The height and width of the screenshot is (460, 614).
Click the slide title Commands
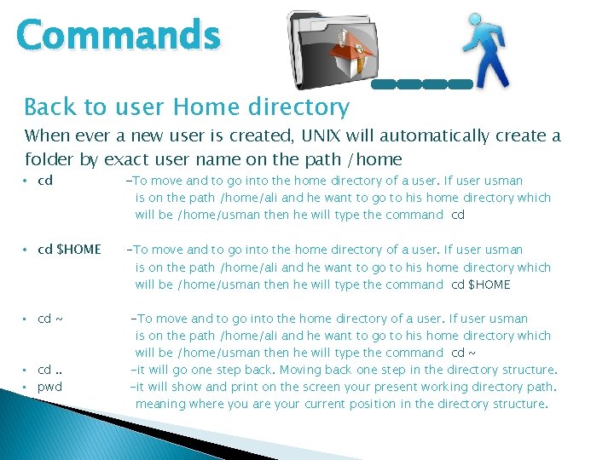click(x=119, y=36)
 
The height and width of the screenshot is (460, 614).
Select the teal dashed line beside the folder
click(x=422, y=84)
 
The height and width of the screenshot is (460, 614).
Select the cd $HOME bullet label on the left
click(x=69, y=250)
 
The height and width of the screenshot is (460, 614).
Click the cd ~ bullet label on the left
click(x=50, y=319)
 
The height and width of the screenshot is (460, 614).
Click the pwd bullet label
click(x=49, y=387)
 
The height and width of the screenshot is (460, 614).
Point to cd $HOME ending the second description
click(x=480, y=285)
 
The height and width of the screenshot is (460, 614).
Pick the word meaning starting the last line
click(x=161, y=404)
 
